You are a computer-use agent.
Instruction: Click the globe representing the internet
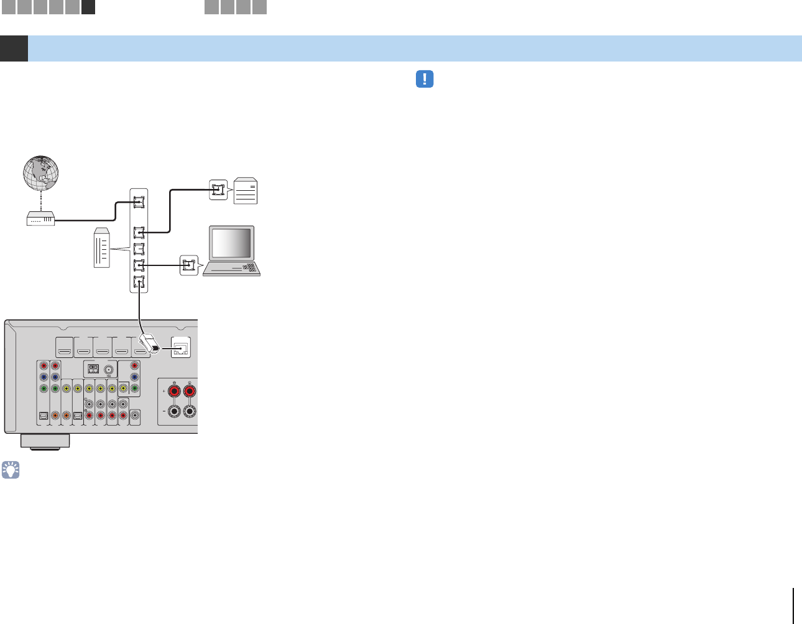[x=41, y=173]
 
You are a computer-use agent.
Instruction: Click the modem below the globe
[x=41, y=219]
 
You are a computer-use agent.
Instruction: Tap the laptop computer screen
[x=232, y=243]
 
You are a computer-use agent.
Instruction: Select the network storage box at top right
[x=245, y=191]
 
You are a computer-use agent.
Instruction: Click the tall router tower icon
[x=101, y=248]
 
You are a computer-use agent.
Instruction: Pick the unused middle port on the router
[x=139, y=249]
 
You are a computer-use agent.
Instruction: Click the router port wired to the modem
[x=139, y=202]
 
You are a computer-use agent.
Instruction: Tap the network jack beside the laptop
[x=188, y=266]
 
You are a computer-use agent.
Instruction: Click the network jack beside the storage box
[x=218, y=190]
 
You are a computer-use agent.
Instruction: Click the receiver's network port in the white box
[x=180, y=349]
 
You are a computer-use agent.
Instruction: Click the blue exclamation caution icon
[x=424, y=79]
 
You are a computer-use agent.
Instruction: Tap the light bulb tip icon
[x=11, y=470]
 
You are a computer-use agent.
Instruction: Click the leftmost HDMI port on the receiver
[x=64, y=351]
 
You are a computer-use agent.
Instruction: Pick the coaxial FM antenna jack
[x=109, y=368]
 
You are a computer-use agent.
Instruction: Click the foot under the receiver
[x=45, y=441]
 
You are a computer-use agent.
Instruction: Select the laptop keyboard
[x=236, y=268]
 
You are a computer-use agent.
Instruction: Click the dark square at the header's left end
[x=14, y=48]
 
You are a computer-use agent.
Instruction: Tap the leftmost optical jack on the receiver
[x=43, y=416]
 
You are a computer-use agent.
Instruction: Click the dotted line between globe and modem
[x=41, y=201]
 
